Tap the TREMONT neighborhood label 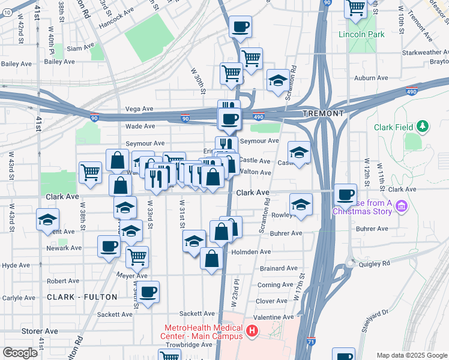(x=324, y=113)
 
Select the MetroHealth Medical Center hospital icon (x=252, y=331)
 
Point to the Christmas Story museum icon (x=402, y=207)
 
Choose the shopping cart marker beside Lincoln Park (x=355, y=8)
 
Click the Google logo (x=20, y=353)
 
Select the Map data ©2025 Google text (x=411, y=355)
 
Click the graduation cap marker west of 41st (x=47, y=220)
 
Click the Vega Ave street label (x=139, y=109)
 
